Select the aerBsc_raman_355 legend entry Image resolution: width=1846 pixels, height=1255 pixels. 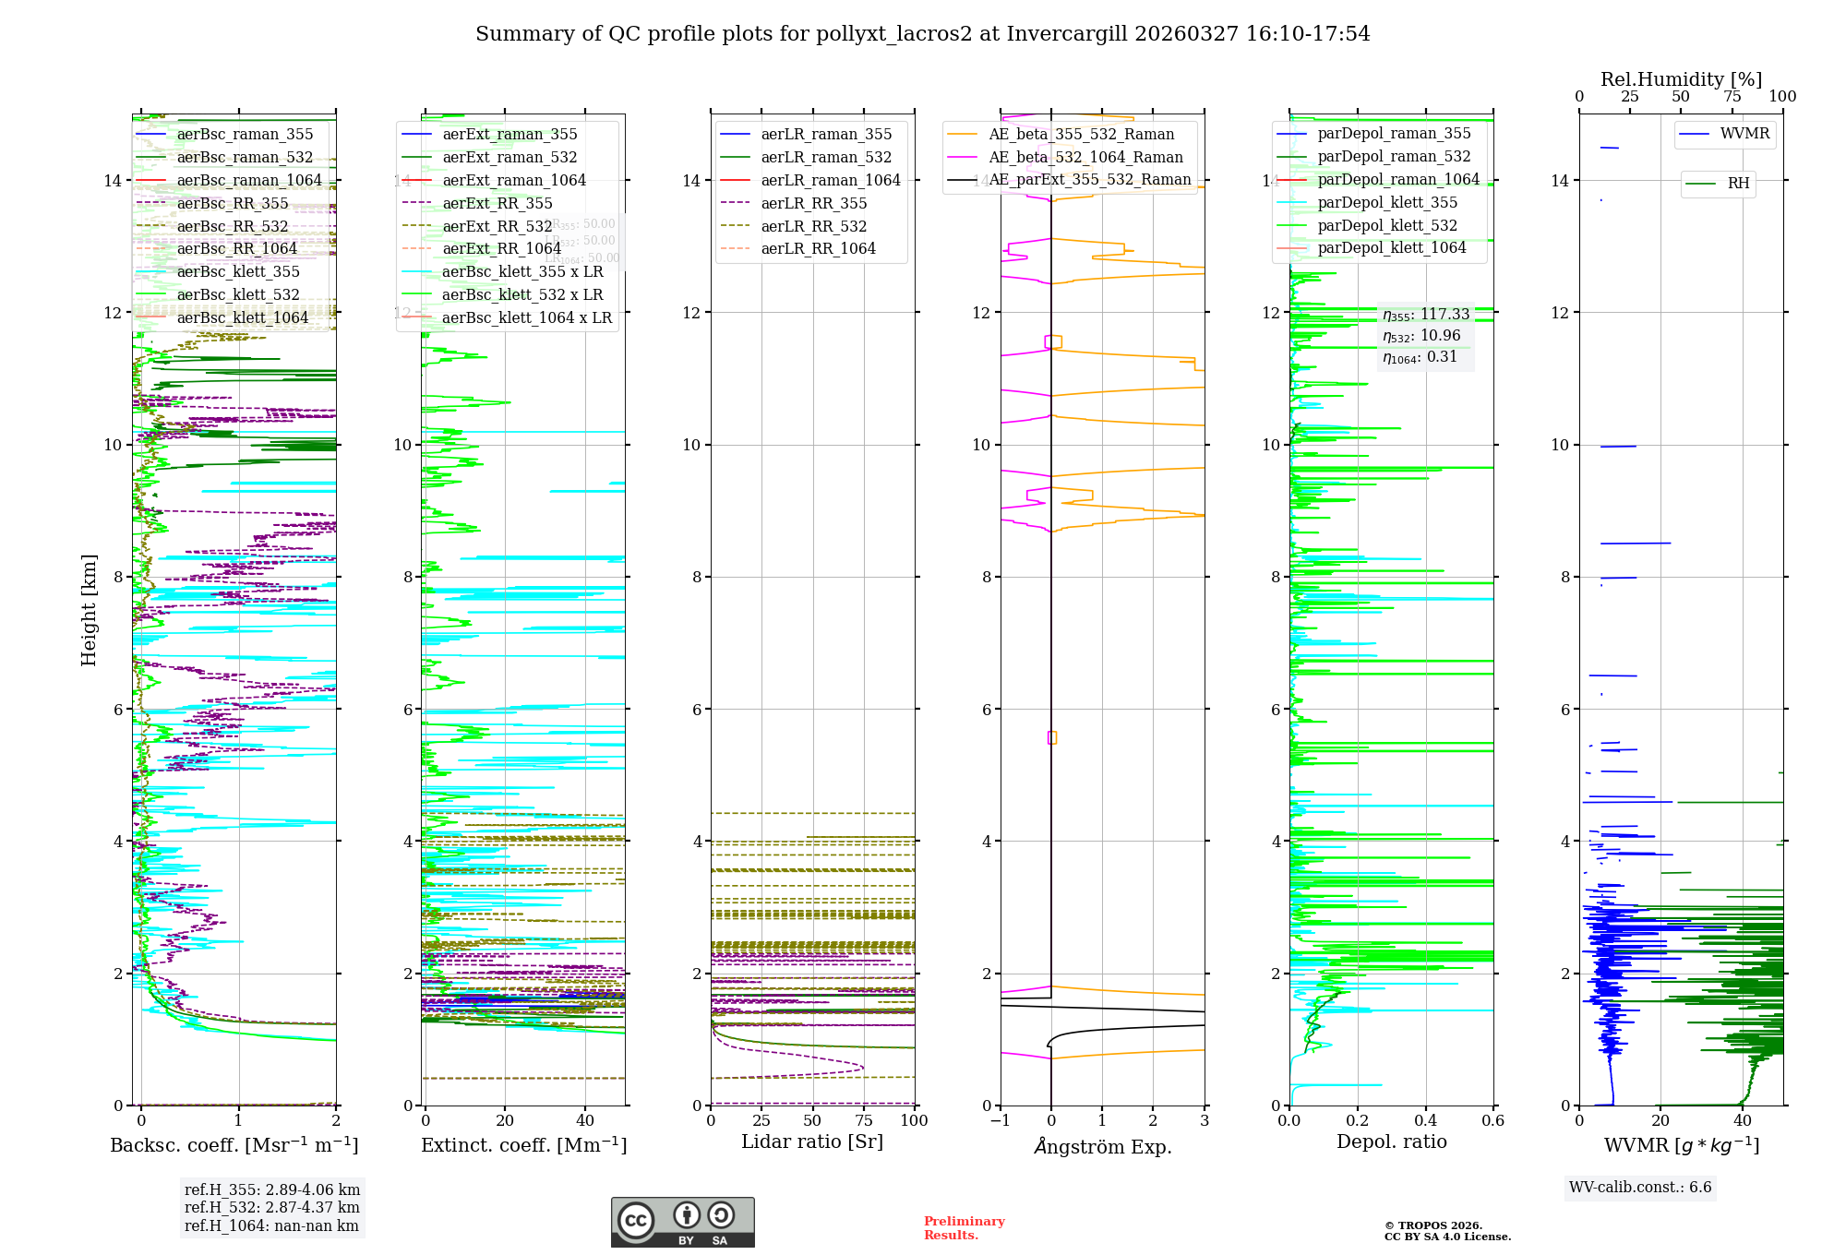(245, 135)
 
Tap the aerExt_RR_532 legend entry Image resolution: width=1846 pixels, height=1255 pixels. (497, 226)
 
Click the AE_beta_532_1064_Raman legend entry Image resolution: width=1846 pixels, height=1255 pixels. (1085, 157)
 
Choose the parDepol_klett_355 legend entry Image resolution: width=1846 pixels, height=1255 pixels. (1387, 202)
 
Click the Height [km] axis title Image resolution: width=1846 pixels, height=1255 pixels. (89, 609)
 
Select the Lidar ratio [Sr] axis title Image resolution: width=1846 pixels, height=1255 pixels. (812, 1141)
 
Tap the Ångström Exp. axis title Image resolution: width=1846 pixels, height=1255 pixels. (1102, 1146)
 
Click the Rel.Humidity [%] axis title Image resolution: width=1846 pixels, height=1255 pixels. (1681, 79)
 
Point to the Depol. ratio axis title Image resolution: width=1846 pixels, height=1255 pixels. (1391, 1141)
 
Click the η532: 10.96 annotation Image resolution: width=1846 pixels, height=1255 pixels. (1421, 336)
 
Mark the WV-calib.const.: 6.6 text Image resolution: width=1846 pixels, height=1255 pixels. (1640, 1188)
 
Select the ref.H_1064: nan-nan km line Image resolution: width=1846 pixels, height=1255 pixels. (271, 1225)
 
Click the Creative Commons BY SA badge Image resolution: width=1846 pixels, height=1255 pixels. (682, 1223)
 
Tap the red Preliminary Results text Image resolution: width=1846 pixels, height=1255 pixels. (964, 1228)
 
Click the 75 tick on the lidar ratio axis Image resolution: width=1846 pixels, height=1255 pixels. (863, 1120)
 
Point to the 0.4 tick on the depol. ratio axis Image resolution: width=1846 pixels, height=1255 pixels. (1425, 1120)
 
